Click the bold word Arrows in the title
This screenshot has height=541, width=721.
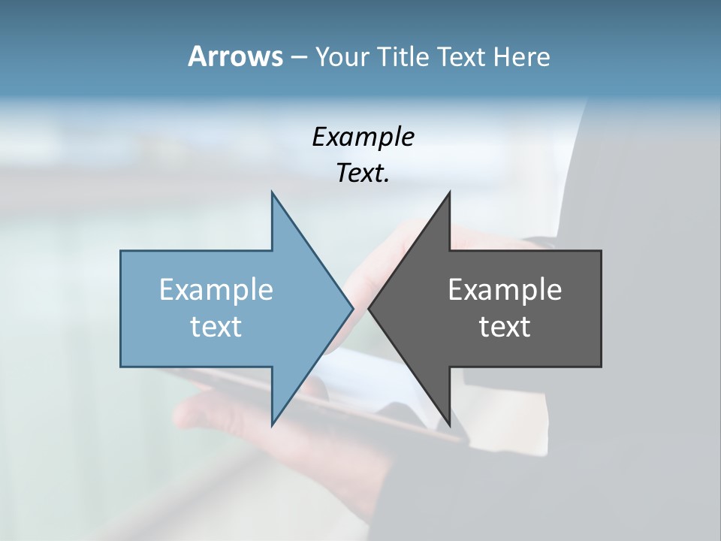235,56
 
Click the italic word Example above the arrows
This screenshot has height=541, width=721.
363,138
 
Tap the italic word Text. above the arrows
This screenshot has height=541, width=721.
363,173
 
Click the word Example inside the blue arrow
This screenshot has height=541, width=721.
216,290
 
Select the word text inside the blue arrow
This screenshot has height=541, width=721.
216,327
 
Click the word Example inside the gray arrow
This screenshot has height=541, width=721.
505,290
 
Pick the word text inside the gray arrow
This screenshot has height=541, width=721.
505,327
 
